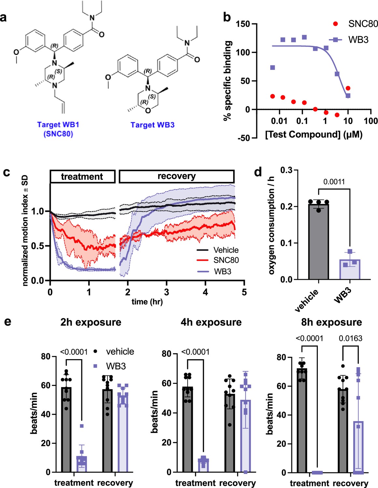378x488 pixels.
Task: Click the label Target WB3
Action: (x=152, y=125)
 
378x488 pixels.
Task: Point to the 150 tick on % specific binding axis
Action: (x=243, y=24)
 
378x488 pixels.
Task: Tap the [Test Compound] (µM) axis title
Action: (x=314, y=134)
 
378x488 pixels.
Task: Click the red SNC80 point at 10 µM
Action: (x=348, y=88)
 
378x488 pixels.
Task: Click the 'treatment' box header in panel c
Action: (x=82, y=176)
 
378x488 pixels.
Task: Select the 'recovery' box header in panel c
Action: (x=176, y=176)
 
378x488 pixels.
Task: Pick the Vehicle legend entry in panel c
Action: (x=226, y=250)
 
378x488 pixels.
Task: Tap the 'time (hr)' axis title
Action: (x=147, y=302)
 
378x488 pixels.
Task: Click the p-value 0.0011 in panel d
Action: (x=334, y=182)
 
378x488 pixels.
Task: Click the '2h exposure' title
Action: (x=91, y=322)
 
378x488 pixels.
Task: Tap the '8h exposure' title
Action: (x=331, y=322)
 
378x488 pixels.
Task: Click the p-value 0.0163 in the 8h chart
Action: (x=350, y=338)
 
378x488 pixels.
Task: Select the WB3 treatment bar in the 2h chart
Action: (x=82, y=464)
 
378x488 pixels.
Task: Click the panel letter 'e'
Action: (x=7, y=322)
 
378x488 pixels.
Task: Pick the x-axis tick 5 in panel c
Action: (x=244, y=292)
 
